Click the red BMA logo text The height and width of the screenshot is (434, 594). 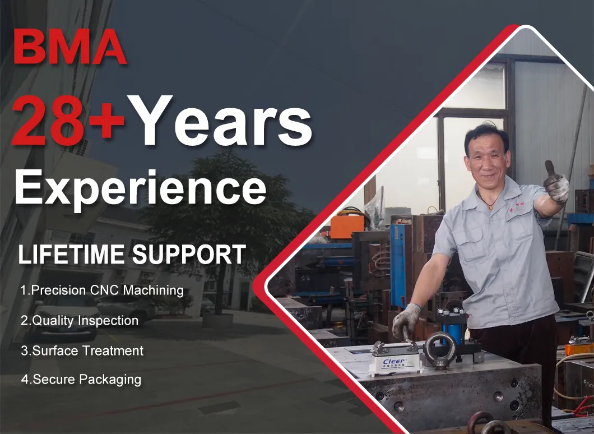(70, 46)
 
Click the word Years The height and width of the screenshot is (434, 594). (219, 121)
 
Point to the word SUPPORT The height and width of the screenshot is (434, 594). (189, 254)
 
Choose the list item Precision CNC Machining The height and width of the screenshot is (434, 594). (102, 290)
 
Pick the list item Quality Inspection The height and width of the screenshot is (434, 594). (80, 321)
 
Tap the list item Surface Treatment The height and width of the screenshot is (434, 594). (82, 350)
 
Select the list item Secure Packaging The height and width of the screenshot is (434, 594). (81, 380)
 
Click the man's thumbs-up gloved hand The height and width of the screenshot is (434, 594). (556, 182)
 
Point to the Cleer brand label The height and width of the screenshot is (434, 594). (395, 362)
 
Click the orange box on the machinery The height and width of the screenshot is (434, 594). (347, 227)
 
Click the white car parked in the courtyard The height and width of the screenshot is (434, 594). (65, 316)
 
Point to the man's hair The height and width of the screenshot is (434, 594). (487, 135)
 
